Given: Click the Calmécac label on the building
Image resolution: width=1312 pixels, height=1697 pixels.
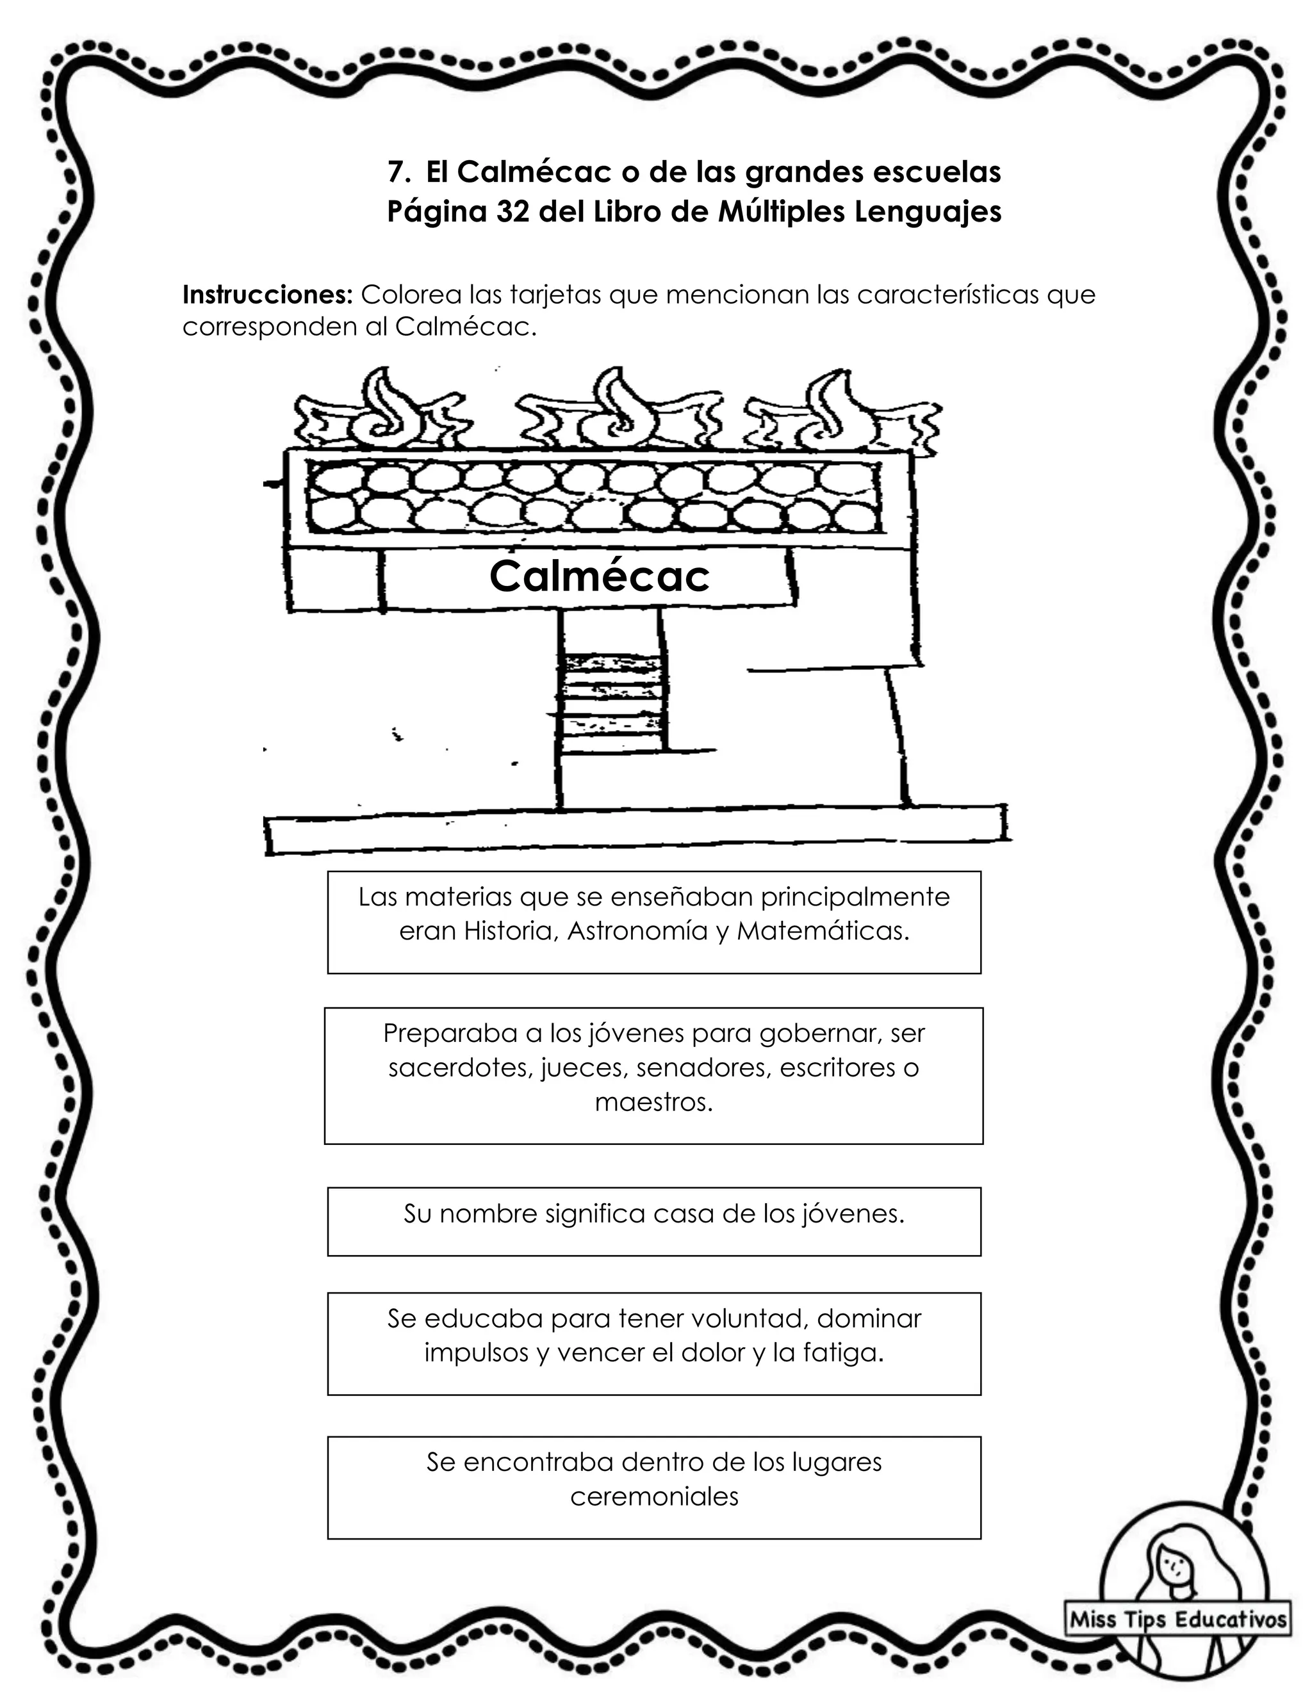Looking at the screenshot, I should tap(599, 576).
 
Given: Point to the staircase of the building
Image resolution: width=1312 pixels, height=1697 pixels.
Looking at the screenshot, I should tap(614, 703).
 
